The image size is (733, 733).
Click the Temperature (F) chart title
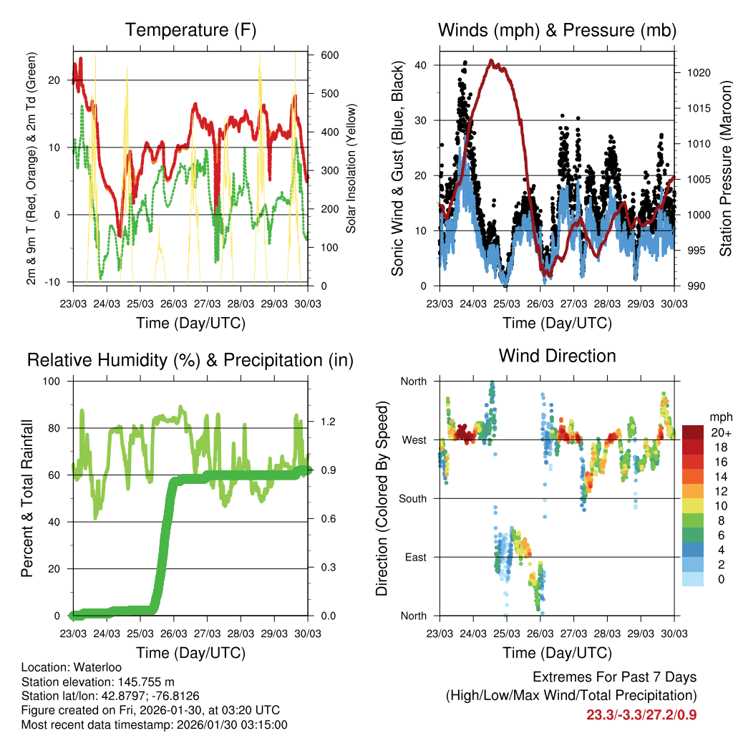pos(190,30)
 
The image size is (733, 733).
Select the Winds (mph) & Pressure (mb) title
pos(557,30)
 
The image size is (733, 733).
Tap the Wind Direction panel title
pos(557,356)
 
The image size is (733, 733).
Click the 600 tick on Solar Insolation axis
pos(329,55)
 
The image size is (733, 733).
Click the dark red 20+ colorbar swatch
pos(693,432)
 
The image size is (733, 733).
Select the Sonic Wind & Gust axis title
pos(399,169)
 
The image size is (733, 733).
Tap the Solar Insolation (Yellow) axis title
pos(351,169)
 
